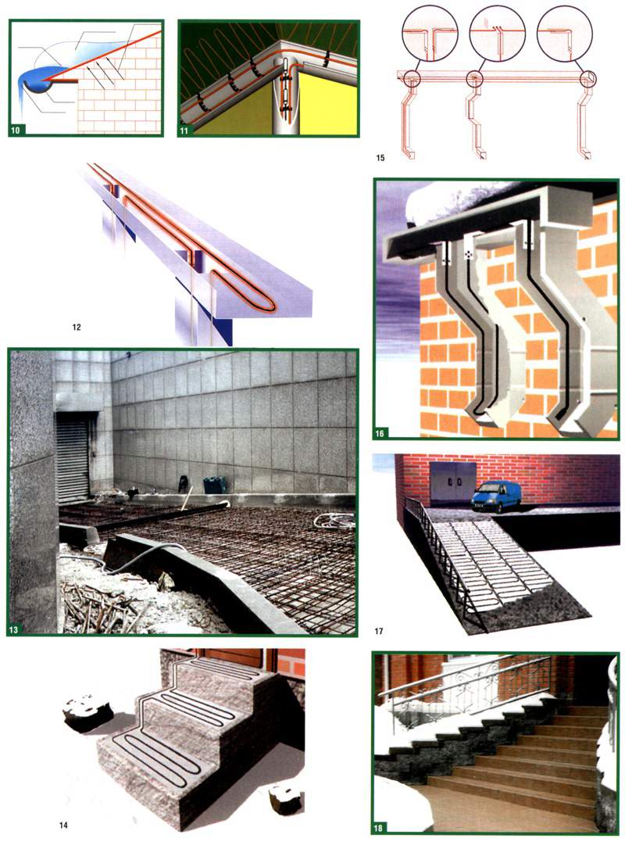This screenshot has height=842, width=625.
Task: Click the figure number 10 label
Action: [x=16, y=130]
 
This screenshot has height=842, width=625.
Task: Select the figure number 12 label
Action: [x=77, y=327]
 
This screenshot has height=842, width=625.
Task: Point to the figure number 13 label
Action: [x=14, y=629]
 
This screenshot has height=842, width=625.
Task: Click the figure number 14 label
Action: [x=63, y=825]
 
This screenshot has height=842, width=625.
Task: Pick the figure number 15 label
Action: [x=380, y=158]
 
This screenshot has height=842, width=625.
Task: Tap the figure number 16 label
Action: [x=380, y=433]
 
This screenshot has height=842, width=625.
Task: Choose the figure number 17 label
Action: [x=379, y=631]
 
